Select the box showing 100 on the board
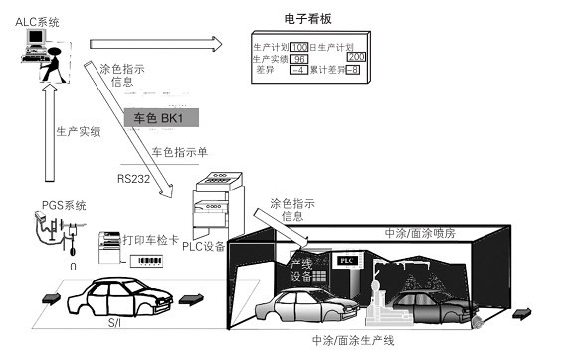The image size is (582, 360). [299, 46]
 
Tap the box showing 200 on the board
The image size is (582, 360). [356, 57]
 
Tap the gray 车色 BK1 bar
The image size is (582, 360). [159, 118]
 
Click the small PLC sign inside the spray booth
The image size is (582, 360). [347, 259]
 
